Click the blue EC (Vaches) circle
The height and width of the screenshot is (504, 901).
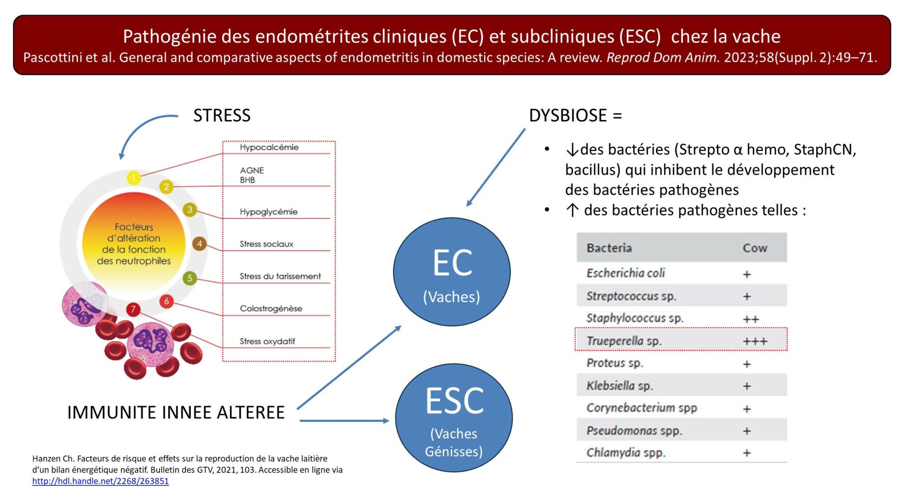pyautogui.click(x=451, y=272)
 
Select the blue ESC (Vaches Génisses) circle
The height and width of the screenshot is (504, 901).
pyautogui.click(x=454, y=418)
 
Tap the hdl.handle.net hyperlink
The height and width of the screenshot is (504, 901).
pyautogui.click(x=101, y=481)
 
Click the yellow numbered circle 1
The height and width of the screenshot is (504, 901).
pyautogui.click(x=134, y=178)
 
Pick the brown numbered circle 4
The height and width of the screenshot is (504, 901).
pyautogui.click(x=199, y=244)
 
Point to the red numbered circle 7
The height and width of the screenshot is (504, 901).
pyautogui.click(x=133, y=309)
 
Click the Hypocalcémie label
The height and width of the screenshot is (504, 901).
pyautogui.click(x=269, y=148)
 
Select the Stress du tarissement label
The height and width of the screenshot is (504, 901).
pyautogui.click(x=280, y=276)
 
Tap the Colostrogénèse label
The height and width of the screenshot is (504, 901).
pyautogui.click(x=271, y=308)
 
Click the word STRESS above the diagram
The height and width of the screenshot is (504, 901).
pyautogui.click(x=222, y=115)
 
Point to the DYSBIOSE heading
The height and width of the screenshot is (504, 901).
pyautogui.click(x=575, y=115)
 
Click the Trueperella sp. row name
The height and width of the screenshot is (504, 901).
pyautogui.click(x=624, y=341)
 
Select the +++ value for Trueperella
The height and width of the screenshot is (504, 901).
pyautogui.click(x=754, y=341)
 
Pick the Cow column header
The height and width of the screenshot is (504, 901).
pyautogui.click(x=754, y=248)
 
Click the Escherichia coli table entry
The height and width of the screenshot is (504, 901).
pyautogui.click(x=625, y=273)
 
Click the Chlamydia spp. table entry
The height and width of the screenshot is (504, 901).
pyautogui.click(x=626, y=453)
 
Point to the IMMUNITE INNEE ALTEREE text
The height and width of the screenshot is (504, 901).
pyautogui.click(x=176, y=412)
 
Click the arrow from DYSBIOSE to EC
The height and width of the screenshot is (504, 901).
pyautogui.click(x=496, y=167)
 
